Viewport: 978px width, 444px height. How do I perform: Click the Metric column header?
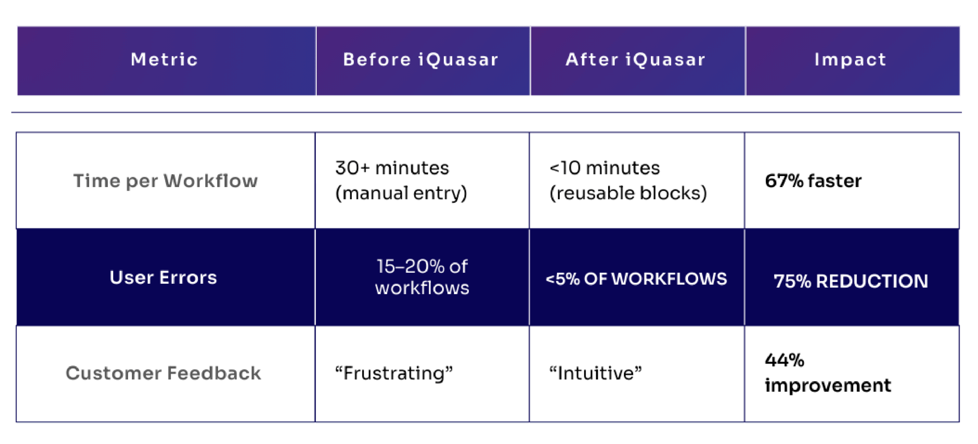pyautogui.click(x=164, y=60)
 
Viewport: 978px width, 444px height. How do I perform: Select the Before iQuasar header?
pyautogui.click(x=421, y=60)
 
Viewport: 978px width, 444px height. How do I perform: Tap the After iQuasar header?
pyautogui.click(x=635, y=60)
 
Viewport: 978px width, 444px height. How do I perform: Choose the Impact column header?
pyautogui.click(x=850, y=60)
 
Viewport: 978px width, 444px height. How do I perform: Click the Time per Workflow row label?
pyautogui.click(x=165, y=181)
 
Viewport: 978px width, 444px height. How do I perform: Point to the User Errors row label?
pyautogui.click(x=163, y=277)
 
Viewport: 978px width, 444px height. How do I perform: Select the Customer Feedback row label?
pyautogui.click(x=163, y=373)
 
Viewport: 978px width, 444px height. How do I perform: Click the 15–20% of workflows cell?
pyautogui.click(x=422, y=277)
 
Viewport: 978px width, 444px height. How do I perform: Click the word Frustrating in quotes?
pyautogui.click(x=394, y=373)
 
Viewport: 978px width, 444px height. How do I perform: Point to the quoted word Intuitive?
pyautogui.click(x=596, y=373)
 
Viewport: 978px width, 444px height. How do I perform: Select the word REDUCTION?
pyautogui.click(x=872, y=281)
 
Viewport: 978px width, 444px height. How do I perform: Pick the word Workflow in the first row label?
pyautogui.click(x=211, y=181)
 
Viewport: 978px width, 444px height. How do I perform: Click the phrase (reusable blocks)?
pyautogui.click(x=628, y=193)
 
